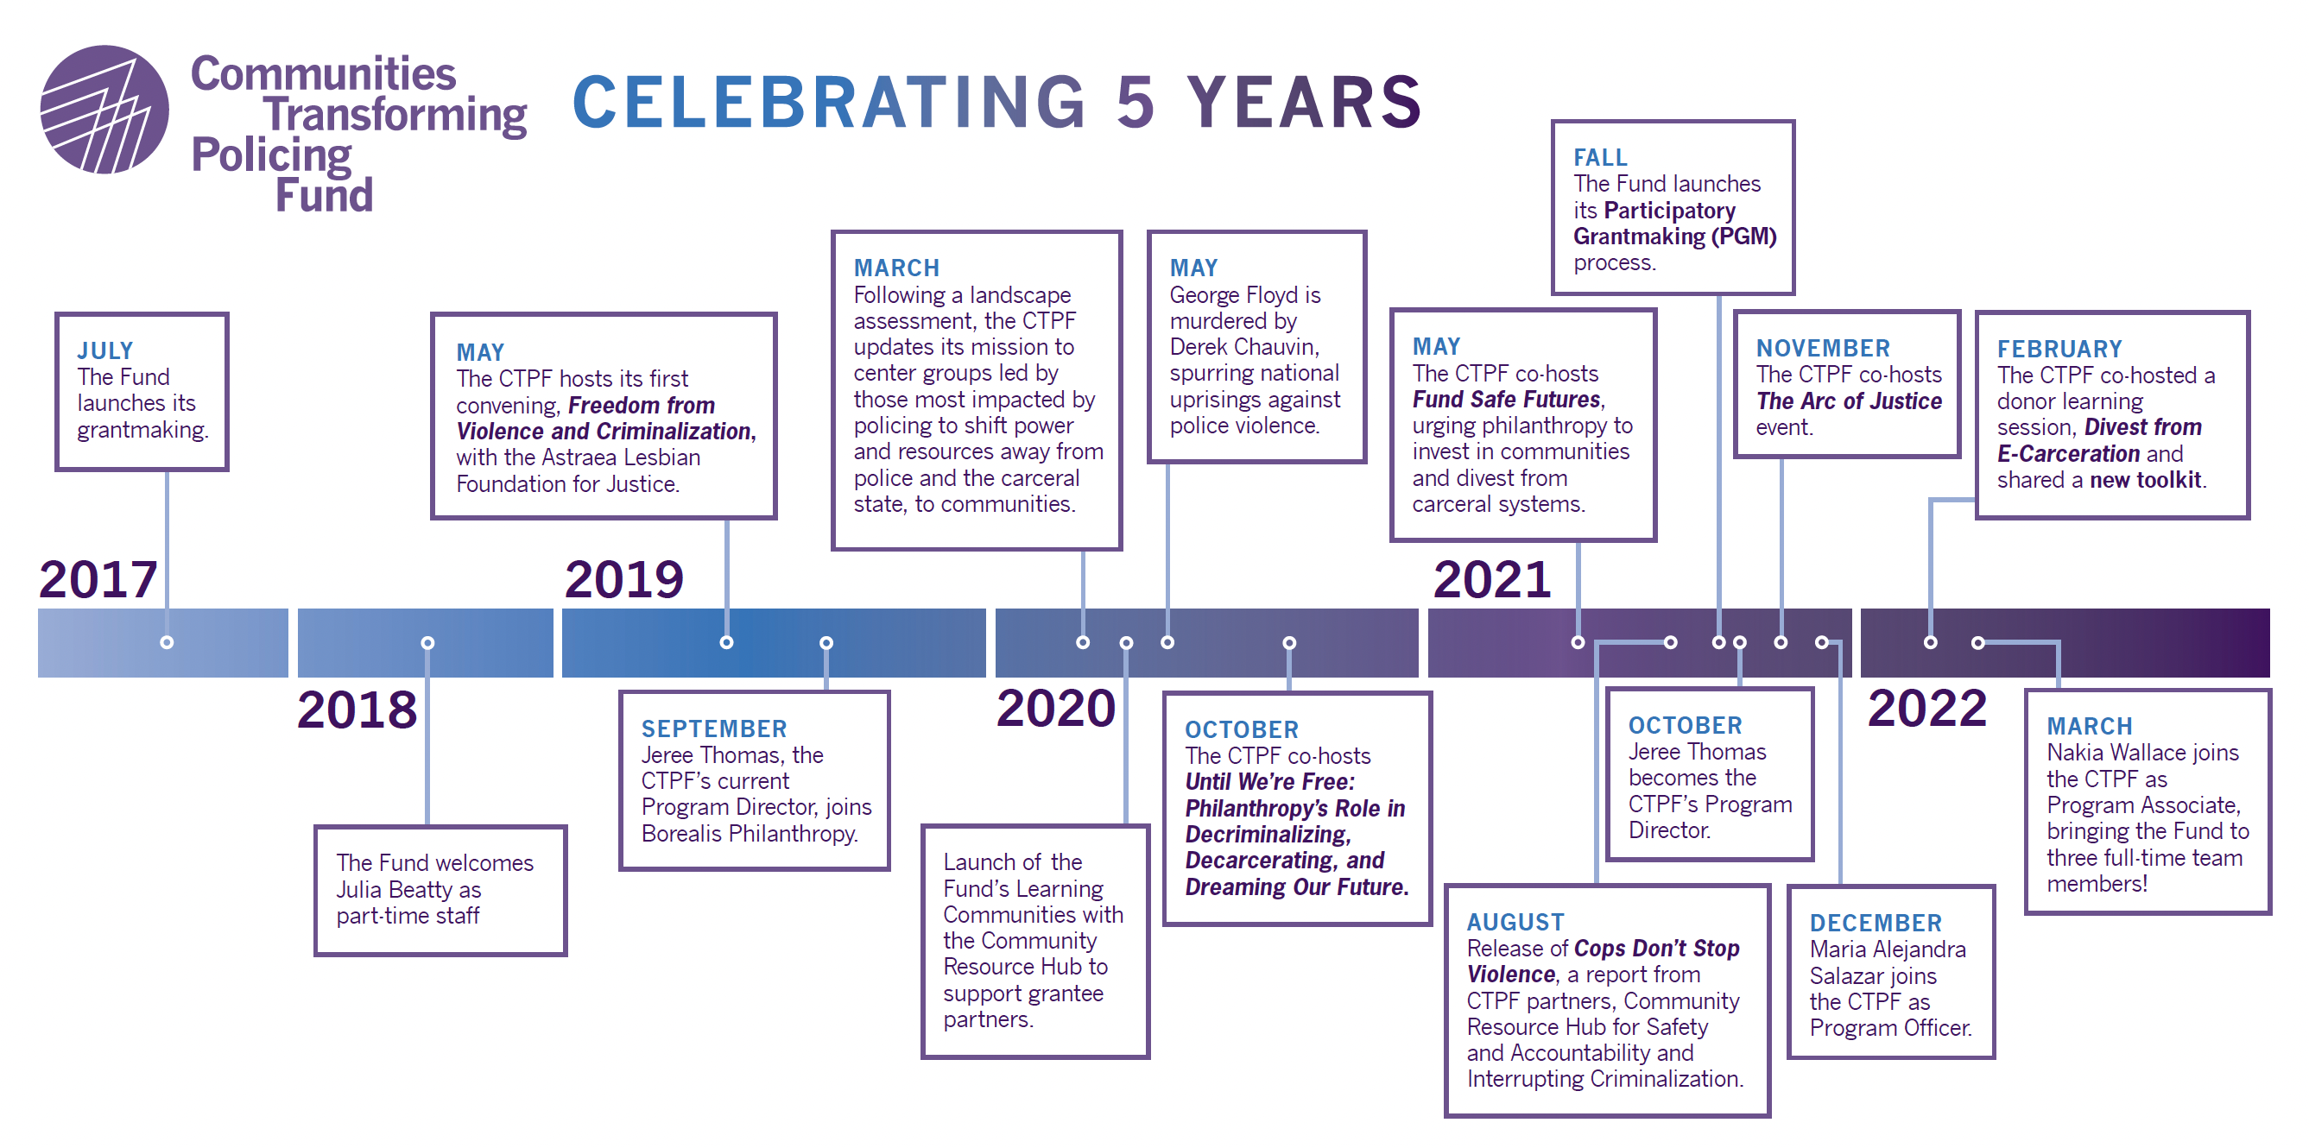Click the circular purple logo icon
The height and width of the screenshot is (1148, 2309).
(104, 110)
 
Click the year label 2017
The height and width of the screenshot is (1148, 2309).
(98, 579)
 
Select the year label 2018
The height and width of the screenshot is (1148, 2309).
(357, 709)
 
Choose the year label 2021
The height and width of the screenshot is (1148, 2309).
(1491, 579)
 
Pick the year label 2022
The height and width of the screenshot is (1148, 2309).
(1927, 708)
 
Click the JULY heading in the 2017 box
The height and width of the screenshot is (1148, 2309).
(104, 350)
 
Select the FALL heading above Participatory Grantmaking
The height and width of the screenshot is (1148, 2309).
(1600, 158)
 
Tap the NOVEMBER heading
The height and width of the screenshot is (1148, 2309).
(1822, 348)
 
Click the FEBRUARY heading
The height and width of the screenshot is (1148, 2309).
(2059, 349)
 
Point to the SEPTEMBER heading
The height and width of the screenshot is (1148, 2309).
(713, 729)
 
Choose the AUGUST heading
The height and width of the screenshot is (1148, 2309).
(1515, 921)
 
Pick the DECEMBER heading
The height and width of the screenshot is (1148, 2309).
(1876, 922)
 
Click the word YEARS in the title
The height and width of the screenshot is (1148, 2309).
(1305, 101)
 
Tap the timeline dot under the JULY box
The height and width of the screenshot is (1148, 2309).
(167, 642)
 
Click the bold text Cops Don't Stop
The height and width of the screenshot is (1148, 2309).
(1656, 948)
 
